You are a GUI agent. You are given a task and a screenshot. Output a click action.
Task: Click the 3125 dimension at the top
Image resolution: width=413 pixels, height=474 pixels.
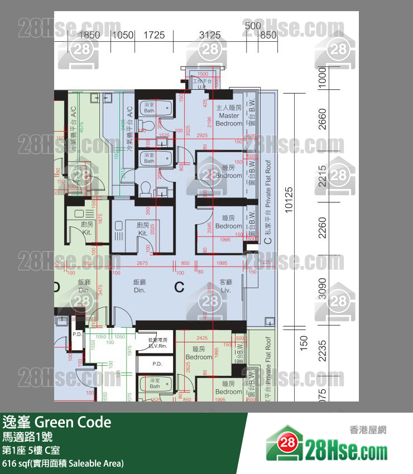coord(210,35)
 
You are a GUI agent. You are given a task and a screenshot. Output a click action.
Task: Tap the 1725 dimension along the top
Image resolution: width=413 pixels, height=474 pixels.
coord(155,35)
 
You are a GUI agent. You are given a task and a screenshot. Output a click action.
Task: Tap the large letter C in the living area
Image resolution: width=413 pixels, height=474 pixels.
coord(179,287)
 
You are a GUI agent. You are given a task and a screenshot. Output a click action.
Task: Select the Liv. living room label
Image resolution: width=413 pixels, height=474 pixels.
coord(225,286)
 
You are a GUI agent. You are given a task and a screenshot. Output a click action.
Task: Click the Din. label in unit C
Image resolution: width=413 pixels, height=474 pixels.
coord(140,287)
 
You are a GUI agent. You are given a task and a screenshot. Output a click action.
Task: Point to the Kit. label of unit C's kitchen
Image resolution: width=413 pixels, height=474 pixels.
coord(143,229)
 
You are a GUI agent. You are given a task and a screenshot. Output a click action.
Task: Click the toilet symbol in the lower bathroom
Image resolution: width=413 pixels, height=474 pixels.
coord(146,189)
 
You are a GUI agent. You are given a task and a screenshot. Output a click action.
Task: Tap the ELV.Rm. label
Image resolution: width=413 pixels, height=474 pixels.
coord(157,342)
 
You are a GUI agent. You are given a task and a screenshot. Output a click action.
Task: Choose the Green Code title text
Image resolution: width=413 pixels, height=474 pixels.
coord(56,422)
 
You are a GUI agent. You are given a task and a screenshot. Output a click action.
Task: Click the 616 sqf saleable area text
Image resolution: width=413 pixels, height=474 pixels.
coord(63,463)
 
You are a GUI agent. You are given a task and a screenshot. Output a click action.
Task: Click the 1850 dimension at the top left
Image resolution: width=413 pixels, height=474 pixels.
coord(89,35)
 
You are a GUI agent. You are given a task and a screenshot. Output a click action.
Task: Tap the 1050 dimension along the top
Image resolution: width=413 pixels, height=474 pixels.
coord(123,35)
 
